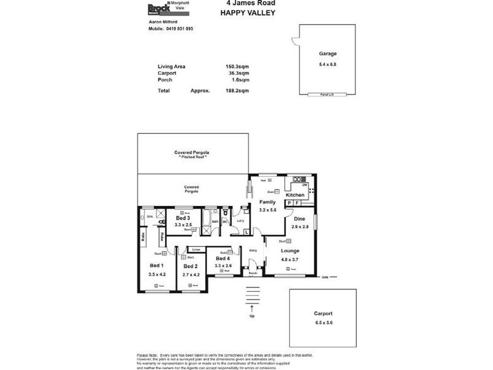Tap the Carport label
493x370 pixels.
(x=322, y=314)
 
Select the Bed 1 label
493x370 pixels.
(x=157, y=266)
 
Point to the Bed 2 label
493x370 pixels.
(x=190, y=266)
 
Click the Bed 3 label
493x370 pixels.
(x=183, y=218)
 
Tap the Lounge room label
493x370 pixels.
(x=290, y=251)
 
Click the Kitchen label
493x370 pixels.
(x=295, y=194)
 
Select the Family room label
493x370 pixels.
(x=267, y=202)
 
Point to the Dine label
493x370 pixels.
(x=299, y=219)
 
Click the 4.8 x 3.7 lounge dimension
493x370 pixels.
(x=290, y=260)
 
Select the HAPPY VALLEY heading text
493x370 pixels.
(x=246, y=12)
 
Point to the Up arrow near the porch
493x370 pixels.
(x=251, y=308)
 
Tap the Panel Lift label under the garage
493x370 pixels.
(x=327, y=94)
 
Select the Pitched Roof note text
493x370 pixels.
(x=192, y=157)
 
